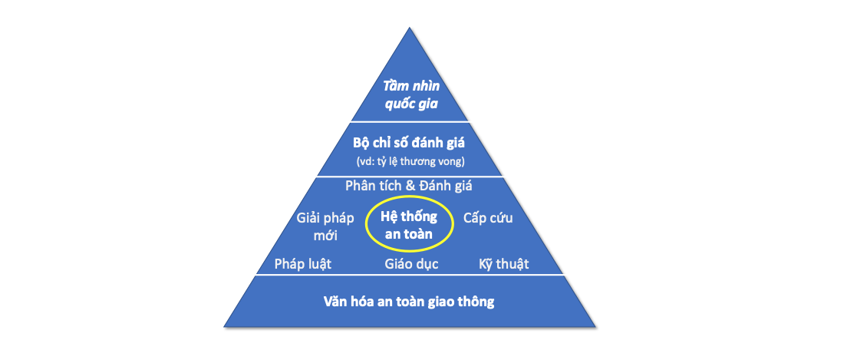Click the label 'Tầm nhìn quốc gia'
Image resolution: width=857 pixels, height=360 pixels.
[410, 94]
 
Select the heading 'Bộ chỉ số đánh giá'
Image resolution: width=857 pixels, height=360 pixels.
[410, 144]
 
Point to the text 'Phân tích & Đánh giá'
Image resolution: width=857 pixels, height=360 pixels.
[409, 186]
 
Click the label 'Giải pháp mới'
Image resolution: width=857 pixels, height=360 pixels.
[325, 227]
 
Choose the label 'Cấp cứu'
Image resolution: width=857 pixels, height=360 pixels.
[488, 218]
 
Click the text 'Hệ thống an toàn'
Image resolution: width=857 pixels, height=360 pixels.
[409, 226]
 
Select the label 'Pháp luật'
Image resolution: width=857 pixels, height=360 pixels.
[303, 264]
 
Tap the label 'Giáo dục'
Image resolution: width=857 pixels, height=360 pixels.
[411, 264]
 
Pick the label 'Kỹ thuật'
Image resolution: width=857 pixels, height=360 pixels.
[503, 264]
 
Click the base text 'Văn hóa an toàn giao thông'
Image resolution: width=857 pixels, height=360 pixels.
[408, 302]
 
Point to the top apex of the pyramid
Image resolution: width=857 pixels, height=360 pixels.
[410, 28]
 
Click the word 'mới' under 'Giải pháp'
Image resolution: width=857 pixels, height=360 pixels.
[325, 236]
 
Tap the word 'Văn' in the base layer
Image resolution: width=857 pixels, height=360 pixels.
[335, 302]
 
